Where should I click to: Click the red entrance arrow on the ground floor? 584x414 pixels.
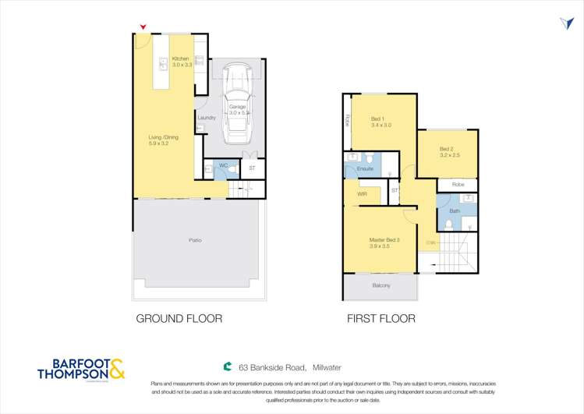coord(143,28)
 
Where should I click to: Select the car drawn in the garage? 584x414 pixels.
coord(235,104)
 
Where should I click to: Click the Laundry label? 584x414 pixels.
coord(207,118)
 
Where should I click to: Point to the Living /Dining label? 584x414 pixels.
coord(164,137)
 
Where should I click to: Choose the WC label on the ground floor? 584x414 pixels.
coord(222,165)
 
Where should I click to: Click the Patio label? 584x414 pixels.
coord(194,239)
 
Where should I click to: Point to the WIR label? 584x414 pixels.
coord(363,193)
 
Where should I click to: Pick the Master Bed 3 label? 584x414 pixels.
coord(383,239)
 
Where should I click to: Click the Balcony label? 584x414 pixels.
coord(381,286)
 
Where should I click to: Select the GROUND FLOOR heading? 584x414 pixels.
coord(179,318)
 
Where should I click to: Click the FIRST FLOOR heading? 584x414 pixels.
coord(382,318)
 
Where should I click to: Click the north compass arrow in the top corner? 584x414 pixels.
coord(566,23)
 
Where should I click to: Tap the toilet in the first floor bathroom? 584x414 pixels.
coord(449,225)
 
